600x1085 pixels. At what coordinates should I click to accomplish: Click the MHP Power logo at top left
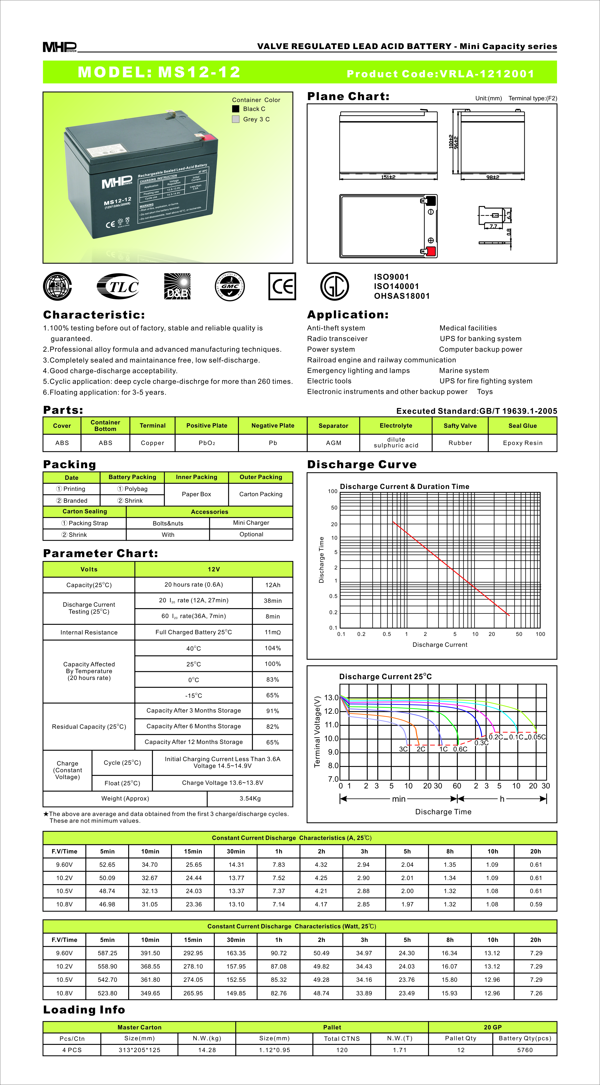(59, 47)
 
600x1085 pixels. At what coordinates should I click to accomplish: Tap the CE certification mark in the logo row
(282, 286)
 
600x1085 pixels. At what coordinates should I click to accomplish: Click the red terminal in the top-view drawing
(431, 251)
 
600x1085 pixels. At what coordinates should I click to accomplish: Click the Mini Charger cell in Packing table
(251, 523)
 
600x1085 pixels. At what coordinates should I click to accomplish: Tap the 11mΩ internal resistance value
(273, 632)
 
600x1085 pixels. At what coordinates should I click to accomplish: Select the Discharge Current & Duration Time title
(405, 487)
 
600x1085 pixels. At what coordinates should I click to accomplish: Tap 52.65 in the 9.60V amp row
(107, 865)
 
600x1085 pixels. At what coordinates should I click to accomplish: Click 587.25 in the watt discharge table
(107, 953)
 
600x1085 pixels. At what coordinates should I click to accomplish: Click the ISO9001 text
(392, 277)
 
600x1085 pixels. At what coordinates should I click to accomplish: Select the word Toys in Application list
(485, 392)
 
